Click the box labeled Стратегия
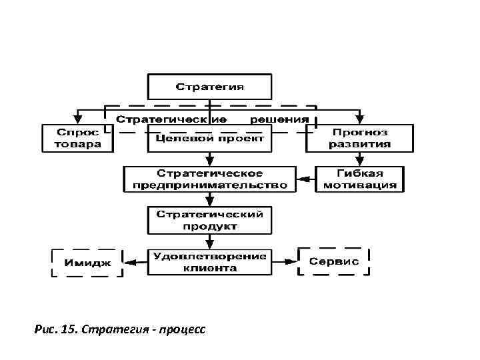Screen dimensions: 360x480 (209, 87)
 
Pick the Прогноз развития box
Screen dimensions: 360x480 (360, 138)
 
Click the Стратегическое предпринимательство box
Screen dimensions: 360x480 (209, 179)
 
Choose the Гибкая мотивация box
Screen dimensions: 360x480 (360, 179)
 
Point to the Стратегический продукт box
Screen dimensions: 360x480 (209, 220)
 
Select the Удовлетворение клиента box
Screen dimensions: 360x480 (209, 261)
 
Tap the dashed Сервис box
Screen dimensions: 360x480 (334, 261)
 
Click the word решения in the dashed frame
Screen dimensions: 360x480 (279, 119)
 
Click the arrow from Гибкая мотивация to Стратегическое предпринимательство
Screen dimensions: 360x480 (306, 179)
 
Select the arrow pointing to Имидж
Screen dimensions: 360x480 (137, 261)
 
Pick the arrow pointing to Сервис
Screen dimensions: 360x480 (285, 261)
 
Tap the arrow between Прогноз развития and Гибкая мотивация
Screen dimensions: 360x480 (360, 159)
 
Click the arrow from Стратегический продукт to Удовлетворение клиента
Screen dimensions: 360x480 (209, 241)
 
